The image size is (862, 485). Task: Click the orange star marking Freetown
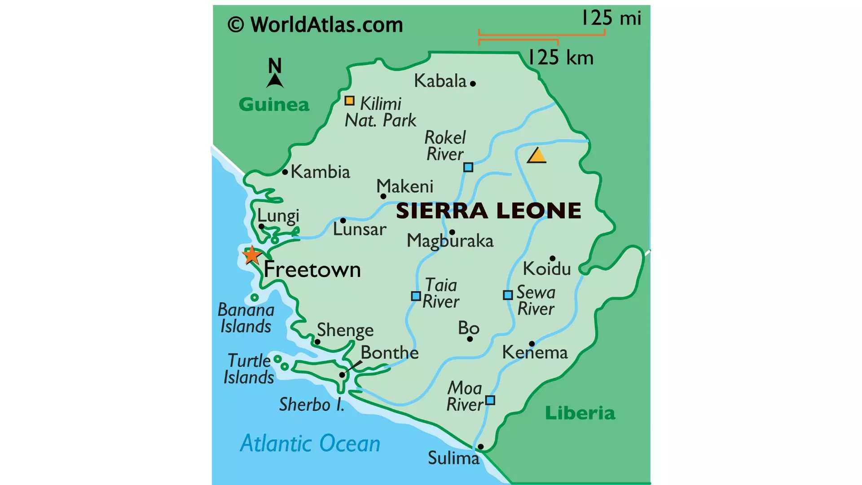(x=252, y=255)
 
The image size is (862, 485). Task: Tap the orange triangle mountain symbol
(x=537, y=156)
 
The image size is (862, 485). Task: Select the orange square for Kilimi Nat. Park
(x=349, y=101)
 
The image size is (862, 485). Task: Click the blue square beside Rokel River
(x=468, y=168)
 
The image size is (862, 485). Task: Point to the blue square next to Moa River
(x=490, y=400)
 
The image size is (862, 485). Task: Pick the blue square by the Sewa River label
(x=508, y=295)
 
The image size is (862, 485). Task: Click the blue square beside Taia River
(x=416, y=296)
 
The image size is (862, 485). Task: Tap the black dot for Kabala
(x=473, y=84)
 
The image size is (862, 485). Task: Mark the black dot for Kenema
(x=532, y=344)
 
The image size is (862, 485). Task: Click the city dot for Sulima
(x=480, y=446)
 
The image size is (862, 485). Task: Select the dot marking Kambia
(x=285, y=172)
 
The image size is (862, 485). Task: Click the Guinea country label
(x=274, y=105)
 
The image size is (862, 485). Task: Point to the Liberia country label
(x=580, y=413)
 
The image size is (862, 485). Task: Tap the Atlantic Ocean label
(x=310, y=444)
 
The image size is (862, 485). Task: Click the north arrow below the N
(x=275, y=81)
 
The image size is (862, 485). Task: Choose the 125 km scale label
(x=561, y=58)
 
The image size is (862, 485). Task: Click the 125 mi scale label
(x=611, y=18)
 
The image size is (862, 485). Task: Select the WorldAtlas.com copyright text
(x=315, y=25)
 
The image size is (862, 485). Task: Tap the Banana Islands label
(x=246, y=318)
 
